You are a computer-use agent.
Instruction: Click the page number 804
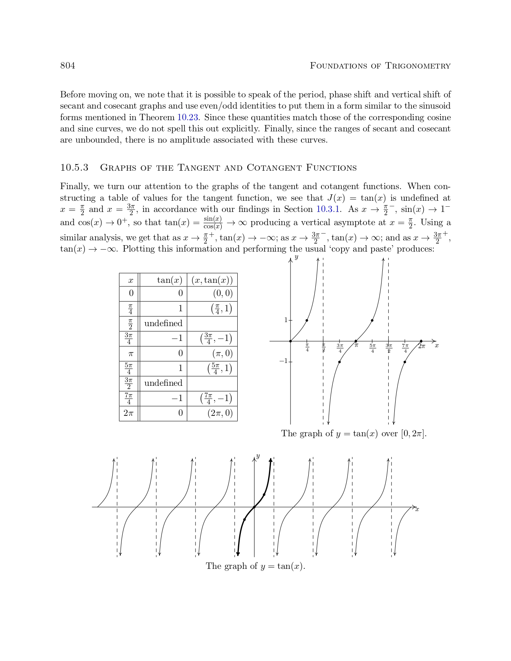[67, 66]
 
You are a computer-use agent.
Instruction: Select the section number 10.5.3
[74, 167]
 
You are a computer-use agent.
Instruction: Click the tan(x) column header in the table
[170, 280]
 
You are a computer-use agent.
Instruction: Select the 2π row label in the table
[128, 413]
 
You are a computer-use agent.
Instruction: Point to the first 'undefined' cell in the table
[163, 323]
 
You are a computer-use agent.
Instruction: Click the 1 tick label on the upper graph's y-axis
[286, 320]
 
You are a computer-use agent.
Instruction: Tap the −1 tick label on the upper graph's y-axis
[283, 361]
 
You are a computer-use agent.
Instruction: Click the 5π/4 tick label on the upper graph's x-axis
[372, 348]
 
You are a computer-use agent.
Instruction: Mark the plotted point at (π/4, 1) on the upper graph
[307, 320]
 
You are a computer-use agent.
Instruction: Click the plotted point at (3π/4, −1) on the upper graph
[339, 362]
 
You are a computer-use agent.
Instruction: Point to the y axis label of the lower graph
[258, 456]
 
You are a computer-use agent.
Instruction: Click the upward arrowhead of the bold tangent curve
[271, 460]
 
